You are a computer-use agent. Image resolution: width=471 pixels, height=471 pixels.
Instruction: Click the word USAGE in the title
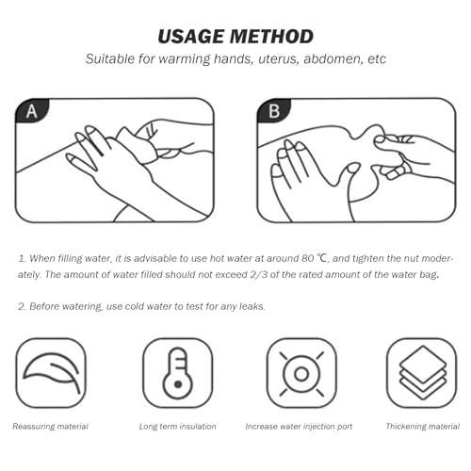192,36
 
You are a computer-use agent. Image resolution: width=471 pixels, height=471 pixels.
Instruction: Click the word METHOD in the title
271,36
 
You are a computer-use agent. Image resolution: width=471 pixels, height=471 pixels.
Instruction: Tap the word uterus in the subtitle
279,59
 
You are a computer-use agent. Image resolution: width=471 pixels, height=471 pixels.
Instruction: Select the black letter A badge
32,111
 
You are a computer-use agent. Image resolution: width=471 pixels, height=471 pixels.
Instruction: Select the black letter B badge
273,111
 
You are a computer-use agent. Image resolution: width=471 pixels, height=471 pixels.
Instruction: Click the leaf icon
51,373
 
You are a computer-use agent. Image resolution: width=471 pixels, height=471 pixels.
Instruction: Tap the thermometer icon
178,373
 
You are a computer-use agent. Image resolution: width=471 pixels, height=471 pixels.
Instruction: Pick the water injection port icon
301,373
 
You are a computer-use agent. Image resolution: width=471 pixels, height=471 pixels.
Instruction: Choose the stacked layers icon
423,372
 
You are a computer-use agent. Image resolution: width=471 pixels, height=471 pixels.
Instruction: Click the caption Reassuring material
51,427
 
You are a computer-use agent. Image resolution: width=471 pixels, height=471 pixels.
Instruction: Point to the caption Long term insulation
178,427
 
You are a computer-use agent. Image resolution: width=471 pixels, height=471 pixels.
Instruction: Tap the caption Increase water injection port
299,427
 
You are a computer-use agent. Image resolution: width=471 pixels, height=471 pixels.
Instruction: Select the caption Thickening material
423,427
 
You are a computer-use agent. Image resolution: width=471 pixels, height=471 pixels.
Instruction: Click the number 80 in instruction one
308,258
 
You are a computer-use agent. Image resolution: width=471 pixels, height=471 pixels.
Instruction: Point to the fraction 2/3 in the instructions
259,274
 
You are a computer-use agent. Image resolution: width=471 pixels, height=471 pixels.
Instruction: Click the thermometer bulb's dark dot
178,384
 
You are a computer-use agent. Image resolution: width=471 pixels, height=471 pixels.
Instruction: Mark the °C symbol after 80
323,258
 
